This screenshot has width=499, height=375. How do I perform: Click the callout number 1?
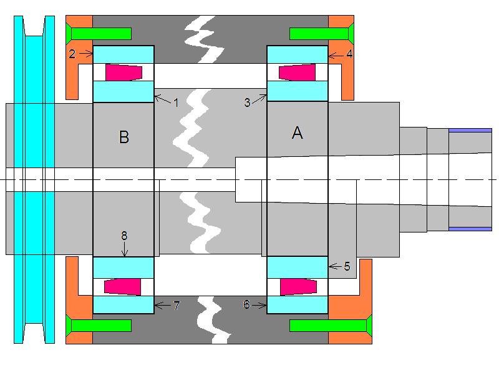coord(176,102)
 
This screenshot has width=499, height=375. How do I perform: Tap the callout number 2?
coord(72,54)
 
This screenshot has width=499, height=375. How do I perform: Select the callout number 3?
coord(248,102)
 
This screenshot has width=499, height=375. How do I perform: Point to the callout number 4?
coord(349,54)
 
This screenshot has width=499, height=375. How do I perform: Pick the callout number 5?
coord(347,266)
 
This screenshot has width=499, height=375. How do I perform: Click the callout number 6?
coord(247,304)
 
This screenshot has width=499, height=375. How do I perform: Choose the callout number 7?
coord(177,305)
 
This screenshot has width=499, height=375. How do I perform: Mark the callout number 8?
coord(124,236)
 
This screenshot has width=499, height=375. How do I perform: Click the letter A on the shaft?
coord(298,132)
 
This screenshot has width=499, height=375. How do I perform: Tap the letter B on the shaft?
coord(124,137)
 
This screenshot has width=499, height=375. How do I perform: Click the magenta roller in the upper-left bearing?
coord(120,72)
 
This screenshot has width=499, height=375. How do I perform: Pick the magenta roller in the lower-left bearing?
coord(120,286)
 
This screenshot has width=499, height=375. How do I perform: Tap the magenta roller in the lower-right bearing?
coord(296,286)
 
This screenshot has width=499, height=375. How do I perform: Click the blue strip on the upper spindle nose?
coord(470,130)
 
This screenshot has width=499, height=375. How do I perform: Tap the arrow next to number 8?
coord(124,249)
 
